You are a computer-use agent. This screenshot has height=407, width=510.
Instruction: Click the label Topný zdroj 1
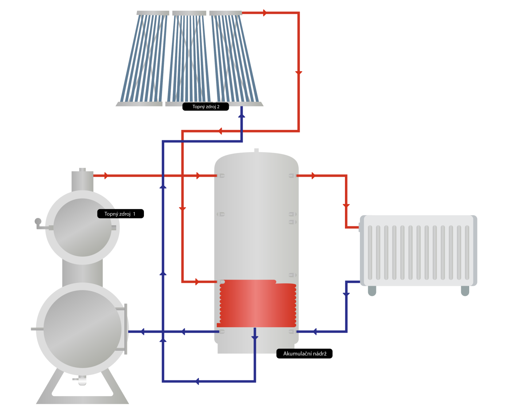(x=120, y=214)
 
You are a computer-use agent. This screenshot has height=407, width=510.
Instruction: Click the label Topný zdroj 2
(x=205, y=107)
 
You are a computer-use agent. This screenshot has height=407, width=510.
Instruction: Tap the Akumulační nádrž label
(x=305, y=353)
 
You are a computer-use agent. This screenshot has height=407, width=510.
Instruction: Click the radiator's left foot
(x=372, y=291)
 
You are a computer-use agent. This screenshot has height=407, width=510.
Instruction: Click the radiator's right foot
(x=465, y=291)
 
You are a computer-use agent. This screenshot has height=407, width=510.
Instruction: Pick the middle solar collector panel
(x=188, y=58)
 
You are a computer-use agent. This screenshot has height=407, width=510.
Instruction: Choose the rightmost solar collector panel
(x=235, y=58)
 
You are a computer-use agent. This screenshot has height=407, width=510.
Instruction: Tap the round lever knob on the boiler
(x=38, y=221)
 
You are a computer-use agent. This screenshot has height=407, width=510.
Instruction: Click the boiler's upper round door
(x=82, y=228)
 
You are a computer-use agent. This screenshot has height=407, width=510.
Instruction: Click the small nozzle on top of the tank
(x=256, y=150)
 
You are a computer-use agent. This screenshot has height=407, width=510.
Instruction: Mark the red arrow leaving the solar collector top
(x=265, y=13)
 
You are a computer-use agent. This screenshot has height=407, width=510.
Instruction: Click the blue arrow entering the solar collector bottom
(x=242, y=115)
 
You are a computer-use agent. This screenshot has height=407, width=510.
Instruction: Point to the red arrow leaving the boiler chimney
(x=106, y=176)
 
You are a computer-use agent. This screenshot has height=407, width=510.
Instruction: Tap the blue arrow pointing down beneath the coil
(x=255, y=337)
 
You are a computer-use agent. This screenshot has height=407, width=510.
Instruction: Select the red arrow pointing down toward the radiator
(x=346, y=206)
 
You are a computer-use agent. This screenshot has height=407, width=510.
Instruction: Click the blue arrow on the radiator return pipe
(x=346, y=294)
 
